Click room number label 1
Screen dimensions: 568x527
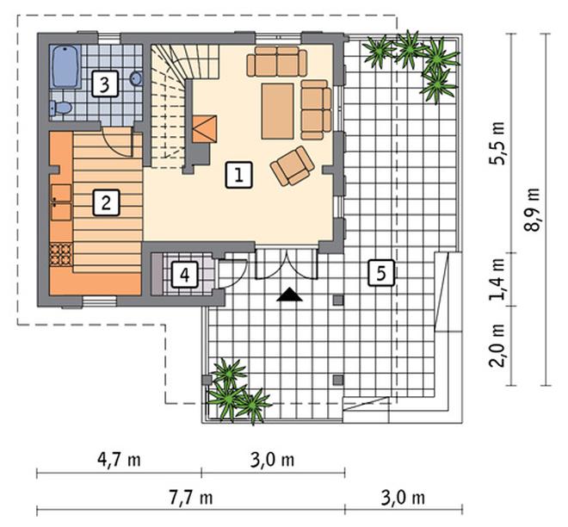[238, 176]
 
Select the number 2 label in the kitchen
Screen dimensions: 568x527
[106, 203]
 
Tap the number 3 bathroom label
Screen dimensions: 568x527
[105, 84]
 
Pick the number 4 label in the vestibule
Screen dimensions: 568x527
[185, 275]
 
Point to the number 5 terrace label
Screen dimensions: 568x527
[381, 272]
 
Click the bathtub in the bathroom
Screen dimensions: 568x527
[65, 66]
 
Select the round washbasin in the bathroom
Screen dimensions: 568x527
[135, 78]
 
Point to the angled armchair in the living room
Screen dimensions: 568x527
[293, 166]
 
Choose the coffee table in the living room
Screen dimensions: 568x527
[277, 111]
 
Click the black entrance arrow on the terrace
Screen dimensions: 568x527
[289, 294]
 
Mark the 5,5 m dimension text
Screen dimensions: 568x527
[497, 144]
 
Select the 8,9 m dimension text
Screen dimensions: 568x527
[532, 210]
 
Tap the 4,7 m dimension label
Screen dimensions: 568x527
[119, 460]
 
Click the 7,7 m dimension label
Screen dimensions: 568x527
[191, 498]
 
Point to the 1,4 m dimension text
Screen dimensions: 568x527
[497, 280]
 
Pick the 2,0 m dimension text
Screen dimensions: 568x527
[497, 345]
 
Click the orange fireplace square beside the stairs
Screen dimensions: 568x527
[204, 129]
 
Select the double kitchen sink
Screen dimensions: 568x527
[61, 202]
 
